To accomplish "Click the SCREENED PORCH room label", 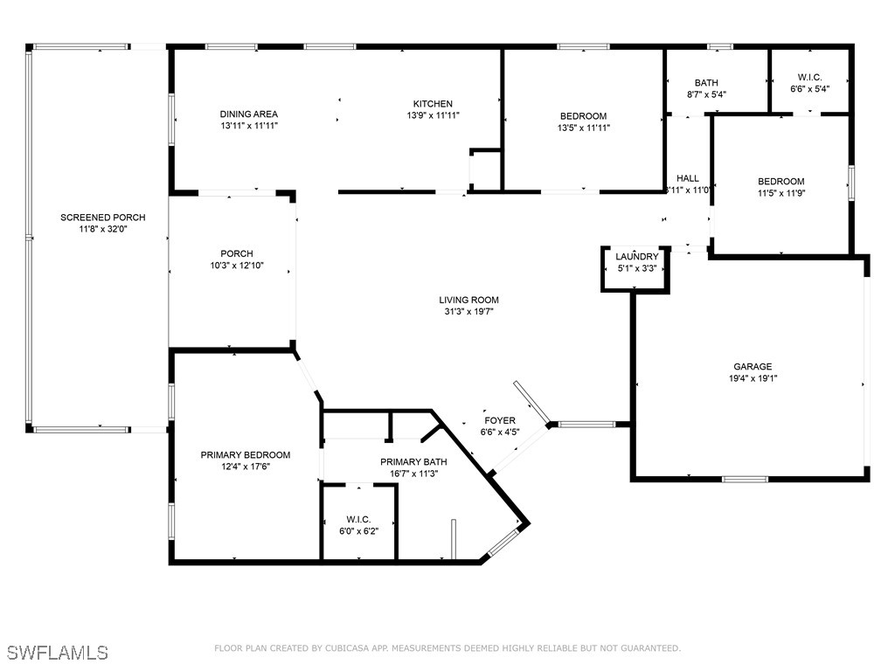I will click(x=102, y=218).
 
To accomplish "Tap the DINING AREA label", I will click(x=248, y=114).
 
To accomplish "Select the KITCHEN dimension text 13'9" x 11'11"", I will click(x=433, y=115).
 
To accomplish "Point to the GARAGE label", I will click(x=752, y=367).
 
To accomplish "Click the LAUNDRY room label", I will click(x=636, y=257).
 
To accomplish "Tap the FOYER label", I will click(x=499, y=421).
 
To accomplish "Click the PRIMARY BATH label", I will click(x=413, y=462).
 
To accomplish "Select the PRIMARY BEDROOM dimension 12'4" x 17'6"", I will click(x=245, y=467).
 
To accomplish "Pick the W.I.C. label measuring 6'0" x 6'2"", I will click(x=359, y=519).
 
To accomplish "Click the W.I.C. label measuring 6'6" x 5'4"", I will click(x=809, y=78).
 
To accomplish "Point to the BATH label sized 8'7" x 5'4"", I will click(x=706, y=83).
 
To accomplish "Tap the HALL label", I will click(x=688, y=178).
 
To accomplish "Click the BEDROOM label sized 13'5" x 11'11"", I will click(x=583, y=116).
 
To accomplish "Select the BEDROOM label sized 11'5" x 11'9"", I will click(x=781, y=182).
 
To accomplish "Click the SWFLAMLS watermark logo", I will click(x=57, y=653).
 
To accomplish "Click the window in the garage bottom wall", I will click(x=745, y=479).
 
